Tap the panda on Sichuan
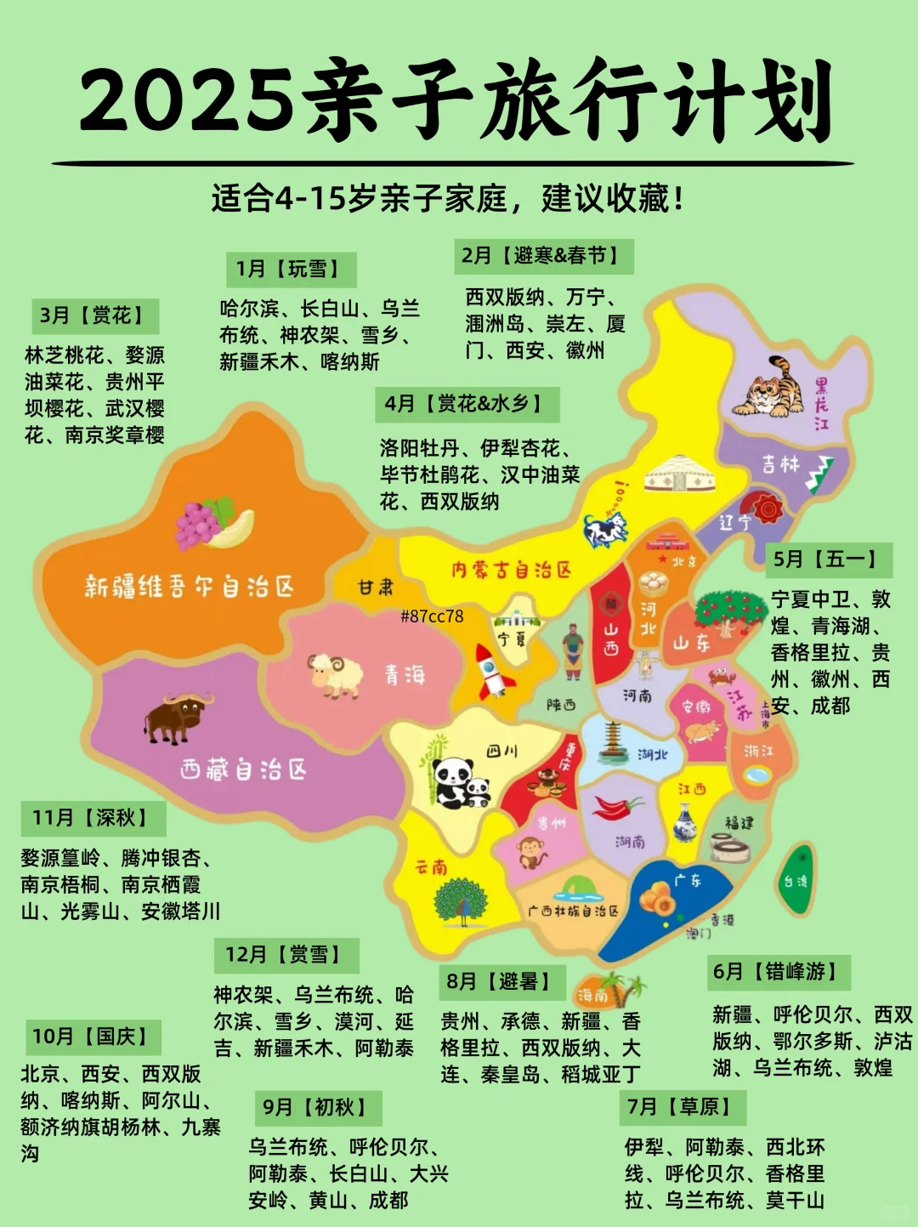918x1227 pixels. pos(457,781)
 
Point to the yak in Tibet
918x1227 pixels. pos(177,717)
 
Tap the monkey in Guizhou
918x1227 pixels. pos(532,851)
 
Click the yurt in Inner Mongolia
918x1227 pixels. pos(677,472)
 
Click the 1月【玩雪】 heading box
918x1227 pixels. pos(291,270)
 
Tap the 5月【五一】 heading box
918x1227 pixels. pos(828,559)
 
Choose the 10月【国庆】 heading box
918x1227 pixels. pos(93,1037)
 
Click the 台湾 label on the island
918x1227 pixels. pos(795,881)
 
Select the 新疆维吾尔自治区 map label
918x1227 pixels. pos(189,586)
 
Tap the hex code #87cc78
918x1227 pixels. pos(432,616)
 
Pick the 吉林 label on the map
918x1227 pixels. pos(779,464)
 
